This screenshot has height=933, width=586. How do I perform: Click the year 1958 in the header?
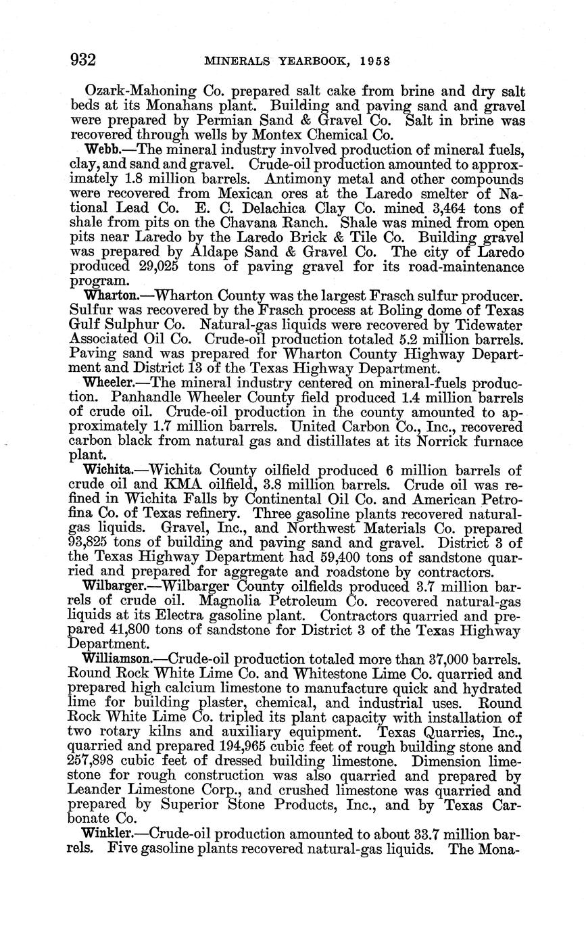(375, 61)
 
